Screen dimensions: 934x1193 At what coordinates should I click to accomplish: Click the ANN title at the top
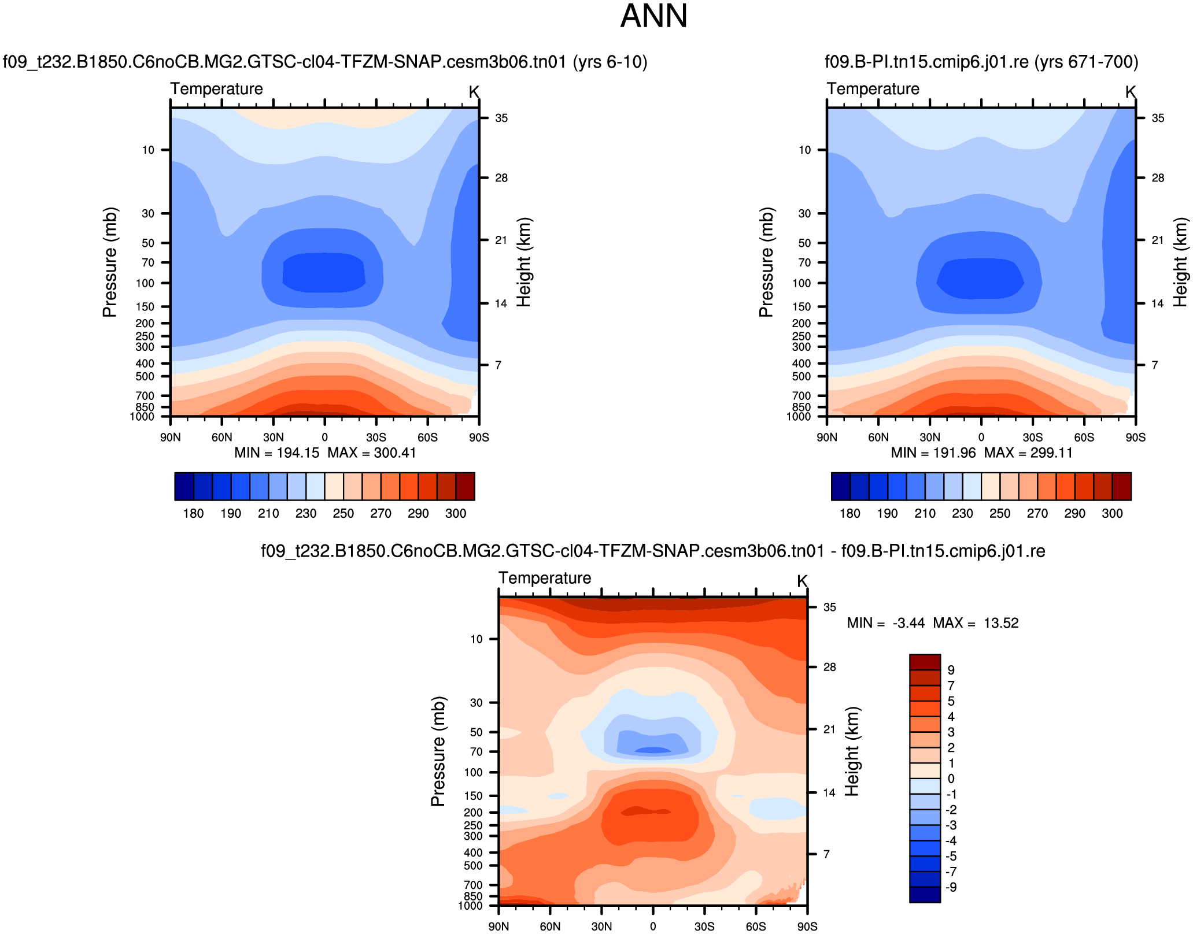click(653, 16)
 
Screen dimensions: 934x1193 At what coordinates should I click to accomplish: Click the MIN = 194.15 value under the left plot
click(276, 453)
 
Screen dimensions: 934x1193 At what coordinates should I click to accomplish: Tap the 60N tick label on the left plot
click(221, 437)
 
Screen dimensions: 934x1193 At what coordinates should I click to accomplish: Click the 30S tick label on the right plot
click(1032, 437)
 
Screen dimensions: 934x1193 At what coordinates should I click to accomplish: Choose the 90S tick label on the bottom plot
click(807, 926)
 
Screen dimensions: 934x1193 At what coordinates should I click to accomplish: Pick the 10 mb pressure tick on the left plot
click(149, 150)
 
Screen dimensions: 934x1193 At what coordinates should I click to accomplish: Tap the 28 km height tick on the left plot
click(501, 178)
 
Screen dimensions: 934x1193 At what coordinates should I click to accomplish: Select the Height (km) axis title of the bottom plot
click(852, 751)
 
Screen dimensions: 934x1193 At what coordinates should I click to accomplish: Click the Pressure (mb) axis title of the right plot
click(766, 262)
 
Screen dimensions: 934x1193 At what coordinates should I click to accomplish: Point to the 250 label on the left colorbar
click(343, 513)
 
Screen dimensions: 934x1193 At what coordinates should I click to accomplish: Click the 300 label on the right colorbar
click(1112, 513)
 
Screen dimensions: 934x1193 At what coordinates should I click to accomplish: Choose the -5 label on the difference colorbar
click(951, 857)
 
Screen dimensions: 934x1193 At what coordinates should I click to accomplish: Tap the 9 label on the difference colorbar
click(951, 670)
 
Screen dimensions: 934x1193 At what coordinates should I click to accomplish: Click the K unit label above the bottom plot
click(802, 581)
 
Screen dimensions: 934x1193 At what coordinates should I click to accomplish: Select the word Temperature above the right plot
click(873, 89)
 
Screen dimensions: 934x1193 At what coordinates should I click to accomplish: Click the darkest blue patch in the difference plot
click(653, 750)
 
